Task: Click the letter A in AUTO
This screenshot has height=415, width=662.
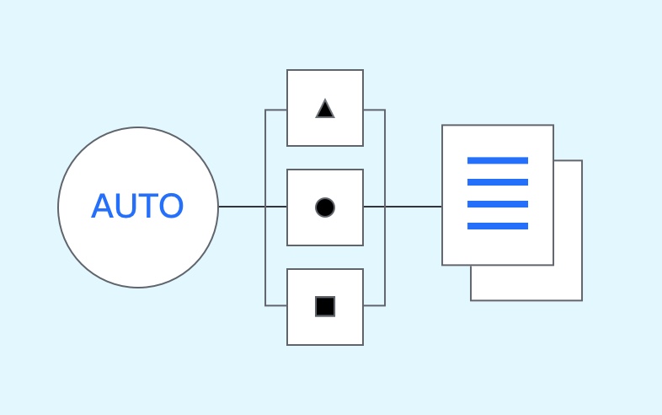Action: tap(102, 206)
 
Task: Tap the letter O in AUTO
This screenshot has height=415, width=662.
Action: tap(170, 206)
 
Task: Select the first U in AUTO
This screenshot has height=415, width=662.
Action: tap(125, 206)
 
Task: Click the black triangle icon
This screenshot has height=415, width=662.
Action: tap(325, 110)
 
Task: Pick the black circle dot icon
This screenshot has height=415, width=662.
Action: tap(325, 207)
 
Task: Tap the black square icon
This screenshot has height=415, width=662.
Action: tap(325, 306)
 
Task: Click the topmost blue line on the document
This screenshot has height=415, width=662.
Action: tap(498, 160)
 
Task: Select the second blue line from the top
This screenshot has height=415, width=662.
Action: tap(498, 182)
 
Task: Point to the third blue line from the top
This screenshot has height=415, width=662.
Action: tap(498, 204)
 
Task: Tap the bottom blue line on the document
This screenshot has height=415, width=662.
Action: tap(498, 226)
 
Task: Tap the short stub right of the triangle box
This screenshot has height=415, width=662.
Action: tap(374, 110)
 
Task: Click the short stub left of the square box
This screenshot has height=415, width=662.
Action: tap(276, 305)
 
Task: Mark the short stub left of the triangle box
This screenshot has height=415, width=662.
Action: tap(276, 110)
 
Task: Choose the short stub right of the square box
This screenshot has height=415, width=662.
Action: tap(374, 305)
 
